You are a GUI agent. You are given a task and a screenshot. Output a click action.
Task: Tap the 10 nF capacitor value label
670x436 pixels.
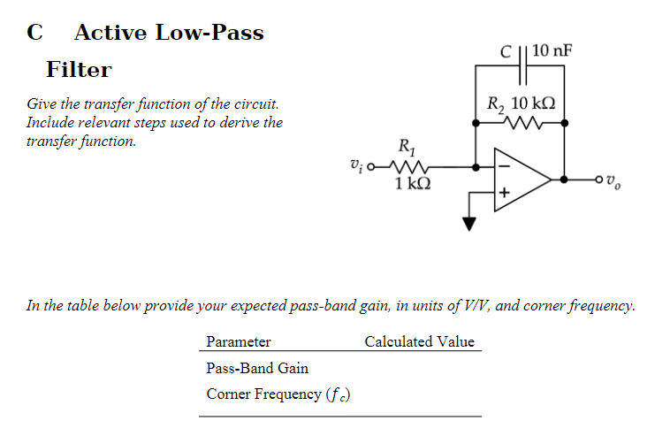tap(552, 50)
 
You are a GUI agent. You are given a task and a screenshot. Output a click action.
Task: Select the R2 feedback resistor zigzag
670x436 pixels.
tap(522, 123)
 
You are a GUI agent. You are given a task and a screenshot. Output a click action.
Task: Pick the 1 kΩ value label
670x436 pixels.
tap(413, 184)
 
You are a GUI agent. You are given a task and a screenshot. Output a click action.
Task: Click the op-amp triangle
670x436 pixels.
tap(522, 180)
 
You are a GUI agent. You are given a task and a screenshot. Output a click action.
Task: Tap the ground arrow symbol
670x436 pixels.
tap(469, 223)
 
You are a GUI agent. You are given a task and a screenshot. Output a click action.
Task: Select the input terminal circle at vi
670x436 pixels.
tap(371, 165)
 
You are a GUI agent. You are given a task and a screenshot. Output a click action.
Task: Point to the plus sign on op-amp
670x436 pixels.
tap(506, 192)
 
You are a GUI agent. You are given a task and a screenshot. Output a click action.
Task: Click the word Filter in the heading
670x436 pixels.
tap(79, 69)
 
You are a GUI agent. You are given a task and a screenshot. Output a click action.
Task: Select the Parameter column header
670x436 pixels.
tap(239, 341)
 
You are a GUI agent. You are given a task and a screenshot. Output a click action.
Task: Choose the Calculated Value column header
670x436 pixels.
tap(419, 341)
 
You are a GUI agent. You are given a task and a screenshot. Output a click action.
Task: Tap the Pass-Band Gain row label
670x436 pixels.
tap(257, 368)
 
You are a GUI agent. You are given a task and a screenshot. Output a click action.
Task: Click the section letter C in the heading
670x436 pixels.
tap(34, 33)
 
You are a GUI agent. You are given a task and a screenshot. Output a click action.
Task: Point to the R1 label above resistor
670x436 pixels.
tap(407, 144)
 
